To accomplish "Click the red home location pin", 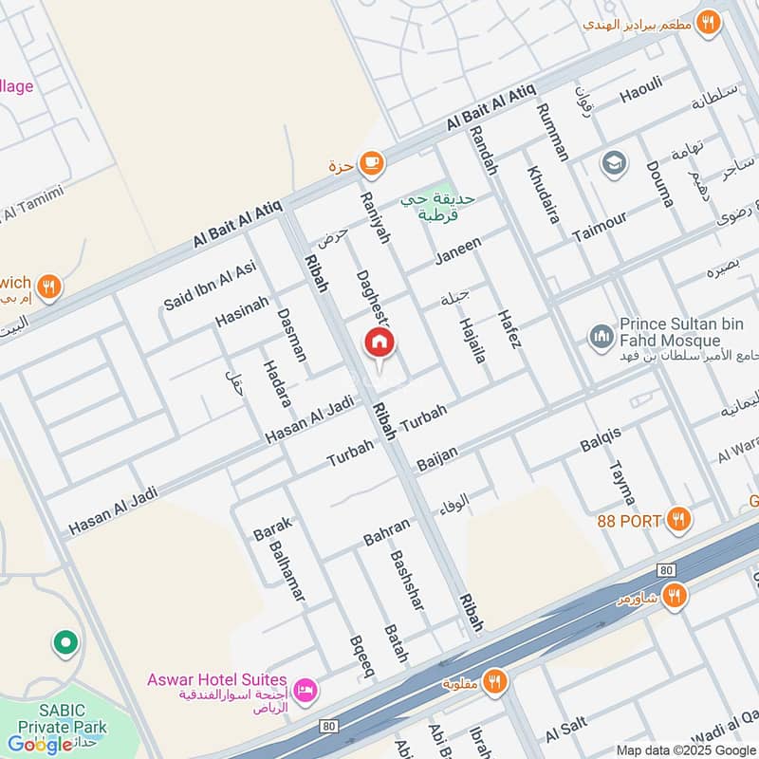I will pyautogui.click(x=380, y=343).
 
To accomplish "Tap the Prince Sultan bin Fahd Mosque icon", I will pyautogui.click(x=599, y=336).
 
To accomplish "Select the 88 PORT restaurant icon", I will pyautogui.click(x=676, y=519).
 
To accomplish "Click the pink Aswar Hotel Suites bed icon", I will pyautogui.click(x=305, y=688).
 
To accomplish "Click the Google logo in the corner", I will pyautogui.click(x=40, y=744).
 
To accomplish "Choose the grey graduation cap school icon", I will pyautogui.click(x=614, y=164).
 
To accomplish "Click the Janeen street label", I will pyautogui.click(x=458, y=251).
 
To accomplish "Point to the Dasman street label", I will pyautogui.click(x=292, y=334).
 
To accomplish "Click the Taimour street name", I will pyautogui.click(x=600, y=227).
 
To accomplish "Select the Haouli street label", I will pyautogui.click(x=641, y=95).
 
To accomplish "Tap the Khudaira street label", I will pyautogui.click(x=543, y=195).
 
